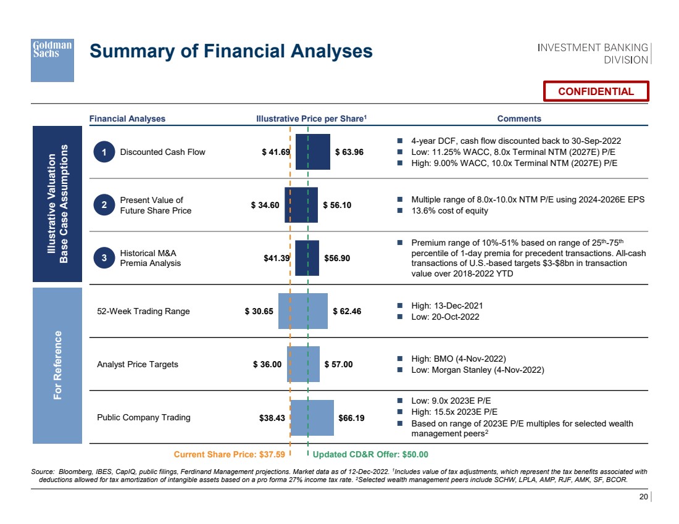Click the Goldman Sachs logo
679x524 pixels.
point(52,60)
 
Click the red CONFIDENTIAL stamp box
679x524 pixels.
point(596,91)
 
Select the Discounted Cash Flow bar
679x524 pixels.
point(312,152)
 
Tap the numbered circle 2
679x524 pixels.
point(105,205)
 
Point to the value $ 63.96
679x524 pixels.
point(349,152)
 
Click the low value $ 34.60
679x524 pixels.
point(265,205)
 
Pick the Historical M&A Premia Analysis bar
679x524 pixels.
point(307,258)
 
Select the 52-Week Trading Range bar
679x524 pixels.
point(302,311)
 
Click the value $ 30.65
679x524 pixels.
point(259,311)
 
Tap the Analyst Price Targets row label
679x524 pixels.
point(138,364)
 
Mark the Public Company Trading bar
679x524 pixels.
point(312,417)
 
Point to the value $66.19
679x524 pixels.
point(352,417)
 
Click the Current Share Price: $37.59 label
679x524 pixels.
point(229,455)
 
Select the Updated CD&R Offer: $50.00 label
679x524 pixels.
point(370,455)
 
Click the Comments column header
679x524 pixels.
point(519,119)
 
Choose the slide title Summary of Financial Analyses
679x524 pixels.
point(231,51)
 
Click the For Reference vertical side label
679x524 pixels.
point(57,365)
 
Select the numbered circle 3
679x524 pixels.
point(105,258)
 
